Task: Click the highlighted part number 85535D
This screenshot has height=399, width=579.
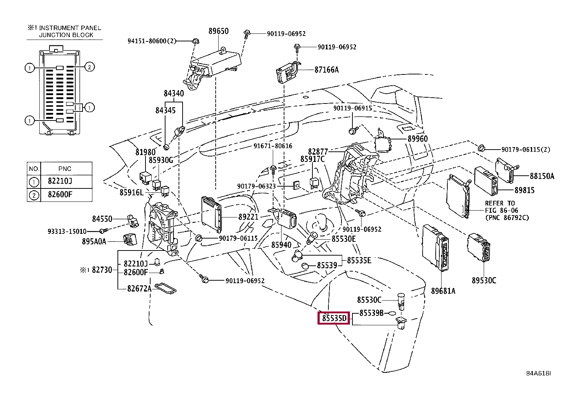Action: click(x=334, y=318)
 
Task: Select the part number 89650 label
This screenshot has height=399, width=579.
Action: click(x=219, y=31)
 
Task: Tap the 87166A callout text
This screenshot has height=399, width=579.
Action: click(x=327, y=70)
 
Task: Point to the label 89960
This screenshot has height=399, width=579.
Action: click(x=418, y=139)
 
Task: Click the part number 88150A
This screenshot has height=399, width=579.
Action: click(x=542, y=176)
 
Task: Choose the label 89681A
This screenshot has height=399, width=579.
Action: click(x=443, y=291)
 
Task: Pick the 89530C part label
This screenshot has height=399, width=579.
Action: click(x=484, y=280)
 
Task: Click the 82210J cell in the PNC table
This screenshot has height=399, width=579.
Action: click(x=60, y=181)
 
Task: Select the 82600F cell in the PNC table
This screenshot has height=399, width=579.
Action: click(x=60, y=195)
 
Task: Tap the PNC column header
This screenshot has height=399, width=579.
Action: click(x=65, y=169)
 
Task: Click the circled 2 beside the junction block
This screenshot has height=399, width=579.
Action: click(x=89, y=67)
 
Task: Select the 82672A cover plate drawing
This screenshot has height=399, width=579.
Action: click(x=165, y=289)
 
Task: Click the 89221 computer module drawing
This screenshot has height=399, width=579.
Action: click(x=212, y=214)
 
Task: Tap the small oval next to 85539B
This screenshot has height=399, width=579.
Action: click(x=392, y=313)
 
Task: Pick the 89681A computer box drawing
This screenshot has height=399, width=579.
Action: click(x=436, y=248)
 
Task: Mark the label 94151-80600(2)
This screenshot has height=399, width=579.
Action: click(x=152, y=41)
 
